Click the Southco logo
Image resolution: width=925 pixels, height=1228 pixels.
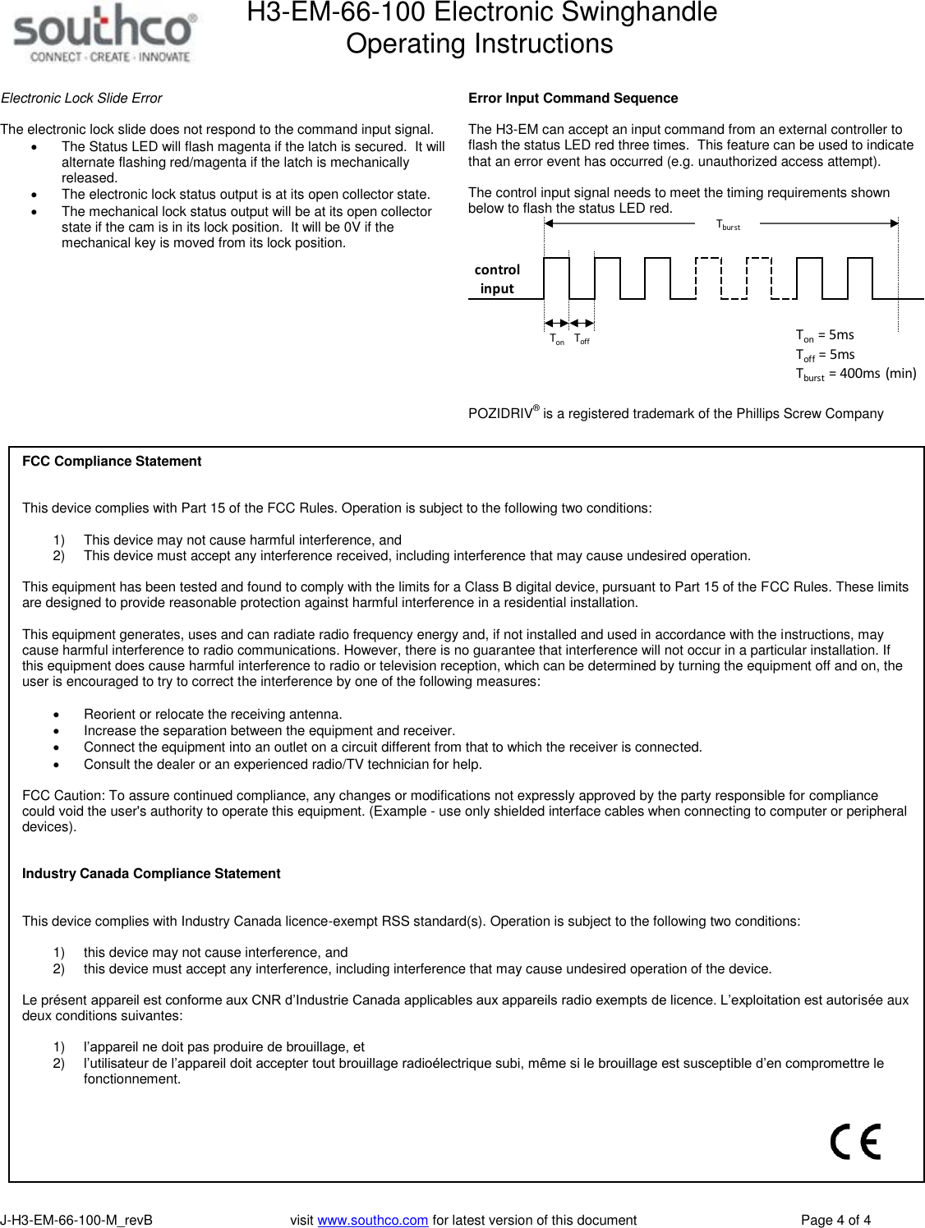104,34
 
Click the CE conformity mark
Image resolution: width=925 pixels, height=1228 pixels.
855,1141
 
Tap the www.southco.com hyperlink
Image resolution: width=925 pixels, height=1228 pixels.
372,1220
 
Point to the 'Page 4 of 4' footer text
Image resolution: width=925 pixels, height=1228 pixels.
835,1220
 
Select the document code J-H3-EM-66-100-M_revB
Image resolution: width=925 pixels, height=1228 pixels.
76,1220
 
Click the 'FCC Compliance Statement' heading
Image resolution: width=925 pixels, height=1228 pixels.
112,462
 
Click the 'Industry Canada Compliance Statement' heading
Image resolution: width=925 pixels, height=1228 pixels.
151,874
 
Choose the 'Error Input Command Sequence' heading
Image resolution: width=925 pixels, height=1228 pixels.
573,99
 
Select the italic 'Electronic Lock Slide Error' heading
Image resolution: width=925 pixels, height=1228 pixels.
81,99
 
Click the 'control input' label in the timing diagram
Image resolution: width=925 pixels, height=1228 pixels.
497,279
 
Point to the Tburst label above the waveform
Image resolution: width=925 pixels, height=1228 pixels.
728,225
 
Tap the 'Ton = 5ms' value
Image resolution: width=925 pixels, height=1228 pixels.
825,335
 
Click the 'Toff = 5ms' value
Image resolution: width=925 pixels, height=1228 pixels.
825,355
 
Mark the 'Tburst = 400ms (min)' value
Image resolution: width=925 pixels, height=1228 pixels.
855,374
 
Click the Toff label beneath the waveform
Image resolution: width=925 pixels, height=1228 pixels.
582,339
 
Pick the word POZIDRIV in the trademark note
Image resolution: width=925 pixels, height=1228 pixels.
500,414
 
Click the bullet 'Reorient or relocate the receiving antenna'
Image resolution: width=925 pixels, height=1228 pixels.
213,715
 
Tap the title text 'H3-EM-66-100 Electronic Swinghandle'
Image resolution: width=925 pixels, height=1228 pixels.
481,13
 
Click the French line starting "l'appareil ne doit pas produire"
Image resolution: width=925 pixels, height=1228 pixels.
223,1047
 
